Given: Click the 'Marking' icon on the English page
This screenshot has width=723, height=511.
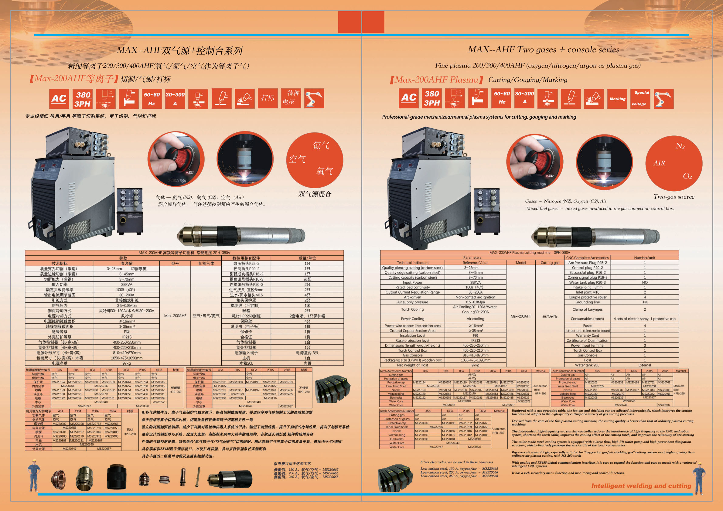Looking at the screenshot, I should pyautogui.click(x=617, y=99).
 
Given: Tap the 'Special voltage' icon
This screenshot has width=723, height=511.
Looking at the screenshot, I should pyautogui.click(x=640, y=99).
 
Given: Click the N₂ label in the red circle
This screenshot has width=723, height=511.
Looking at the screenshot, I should pyautogui.click(x=680, y=146).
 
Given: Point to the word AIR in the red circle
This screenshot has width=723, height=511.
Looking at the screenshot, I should pyautogui.click(x=659, y=163).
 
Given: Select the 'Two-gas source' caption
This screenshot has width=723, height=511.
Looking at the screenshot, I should pyautogui.click(x=674, y=197).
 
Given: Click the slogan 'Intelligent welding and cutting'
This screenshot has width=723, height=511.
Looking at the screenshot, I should pyautogui.click(x=641, y=486).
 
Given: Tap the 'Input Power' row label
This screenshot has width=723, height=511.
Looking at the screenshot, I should pyautogui.click(x=412, y=282).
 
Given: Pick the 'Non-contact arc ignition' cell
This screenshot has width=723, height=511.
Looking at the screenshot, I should pyautogui.click(x=475, y=297).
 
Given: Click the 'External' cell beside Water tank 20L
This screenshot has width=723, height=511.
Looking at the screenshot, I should pyautogui.click(x=644, y=365).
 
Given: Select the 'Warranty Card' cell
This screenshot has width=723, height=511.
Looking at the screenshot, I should pyautogui.click(x=587, y=336).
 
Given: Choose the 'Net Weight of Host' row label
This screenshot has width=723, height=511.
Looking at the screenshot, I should pyautogui.click(x=412, y=365).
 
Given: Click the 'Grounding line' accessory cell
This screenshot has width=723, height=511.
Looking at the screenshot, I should pyautogui.click(x=587, y=302).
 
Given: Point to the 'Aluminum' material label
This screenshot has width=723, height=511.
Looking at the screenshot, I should pyautogui.click(x=499, y=429).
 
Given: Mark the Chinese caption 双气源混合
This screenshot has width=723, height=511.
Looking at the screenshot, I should pyautogui.click(x=315, y=194).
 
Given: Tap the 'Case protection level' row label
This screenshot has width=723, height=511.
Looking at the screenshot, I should pyautogui.click(x=412, y=341).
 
